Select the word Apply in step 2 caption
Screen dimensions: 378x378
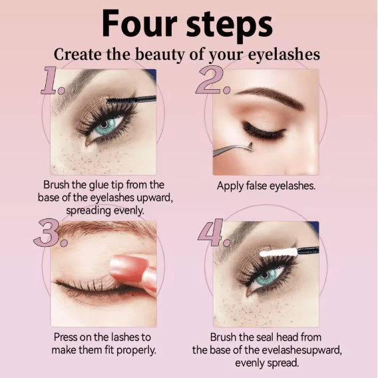[230, 186]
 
